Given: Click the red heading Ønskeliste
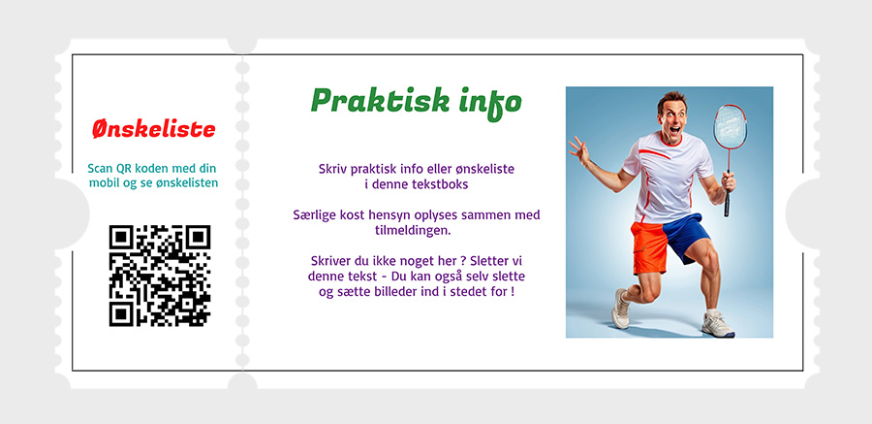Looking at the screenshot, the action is coord(153,129).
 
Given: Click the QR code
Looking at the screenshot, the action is coord(160,276).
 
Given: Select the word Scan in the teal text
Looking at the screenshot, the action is coord(100,169).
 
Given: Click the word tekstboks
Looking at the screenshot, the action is coord(442,184).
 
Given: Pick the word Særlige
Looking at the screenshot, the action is coord(311,215).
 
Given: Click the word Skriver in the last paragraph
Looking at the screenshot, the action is coord(329,260).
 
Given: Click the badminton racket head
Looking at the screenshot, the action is coord(731,127).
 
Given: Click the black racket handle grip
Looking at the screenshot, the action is coord(727,202).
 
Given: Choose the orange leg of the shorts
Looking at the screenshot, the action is coord(649,246).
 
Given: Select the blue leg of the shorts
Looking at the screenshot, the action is coord(686,236).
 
